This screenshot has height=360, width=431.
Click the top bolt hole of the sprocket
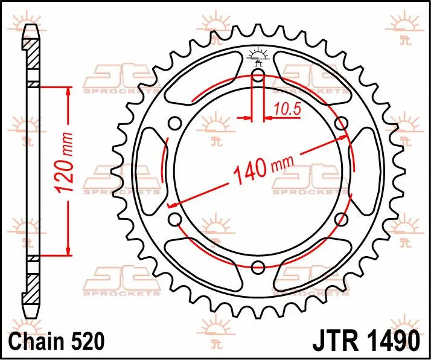(258, 75)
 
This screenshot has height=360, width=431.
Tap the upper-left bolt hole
(175, 124)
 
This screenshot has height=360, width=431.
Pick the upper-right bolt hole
(342, 124)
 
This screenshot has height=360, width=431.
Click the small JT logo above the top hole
(258, 55)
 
